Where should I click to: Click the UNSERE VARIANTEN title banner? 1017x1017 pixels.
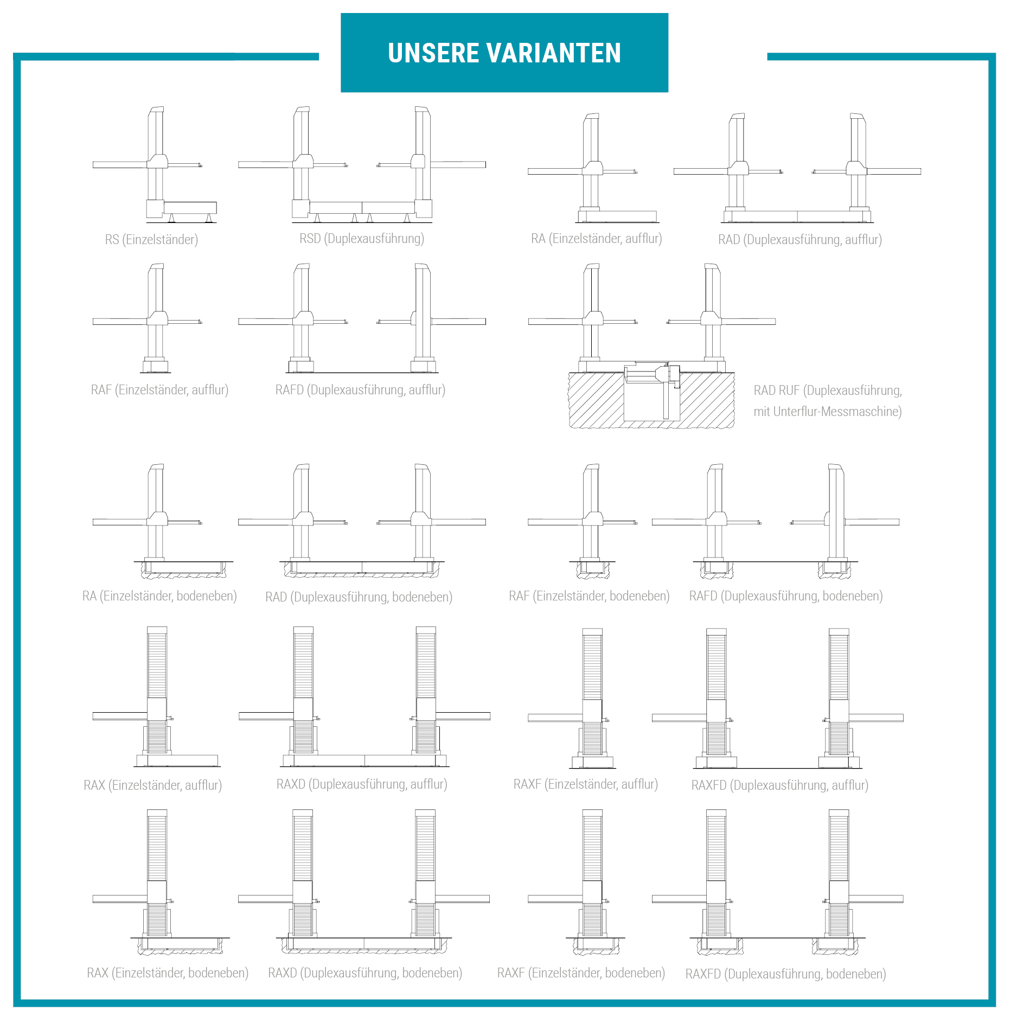click(504, 53)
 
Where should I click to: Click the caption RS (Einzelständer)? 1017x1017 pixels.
click(151, 240)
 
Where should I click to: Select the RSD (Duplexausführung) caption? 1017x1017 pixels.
click(362, 239)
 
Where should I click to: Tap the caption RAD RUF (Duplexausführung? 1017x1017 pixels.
click(828, 391)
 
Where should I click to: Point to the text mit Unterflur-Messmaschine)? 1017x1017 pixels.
click(828, 412)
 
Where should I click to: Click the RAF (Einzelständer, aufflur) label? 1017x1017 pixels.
click(159, 390)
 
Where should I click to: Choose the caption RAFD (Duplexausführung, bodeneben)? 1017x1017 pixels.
click(786, 596)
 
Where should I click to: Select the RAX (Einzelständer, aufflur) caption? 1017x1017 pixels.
click(153, 785)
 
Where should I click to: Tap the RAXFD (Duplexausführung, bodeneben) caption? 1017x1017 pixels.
click(786, 974)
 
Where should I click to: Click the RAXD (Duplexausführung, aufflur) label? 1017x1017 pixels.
click(362, 784)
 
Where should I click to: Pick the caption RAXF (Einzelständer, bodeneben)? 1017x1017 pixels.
click(581, 973)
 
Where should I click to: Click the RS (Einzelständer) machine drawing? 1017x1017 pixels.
click(155, 165)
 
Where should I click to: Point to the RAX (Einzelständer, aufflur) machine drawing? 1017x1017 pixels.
click(156, 697)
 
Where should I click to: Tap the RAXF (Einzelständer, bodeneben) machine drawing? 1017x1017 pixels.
click(583, 882)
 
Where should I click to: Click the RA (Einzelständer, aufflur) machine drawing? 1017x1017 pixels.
click(593, 168)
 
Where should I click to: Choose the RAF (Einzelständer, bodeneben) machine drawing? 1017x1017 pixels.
click(583, 522)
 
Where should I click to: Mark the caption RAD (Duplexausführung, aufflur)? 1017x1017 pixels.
click(800, 240)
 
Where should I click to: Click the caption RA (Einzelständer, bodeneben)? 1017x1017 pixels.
click(159, 596)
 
